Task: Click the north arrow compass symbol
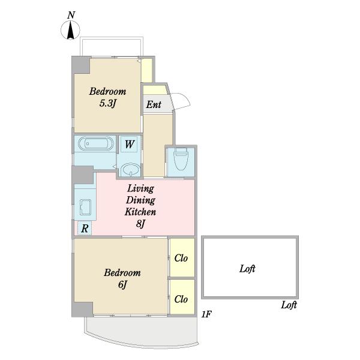click(70, 30)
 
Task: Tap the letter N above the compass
click(71, 15)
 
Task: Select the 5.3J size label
click(107, 104)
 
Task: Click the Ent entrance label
click(154, 104)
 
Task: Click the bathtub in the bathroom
click(96, 144)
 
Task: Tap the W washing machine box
click(129, 144)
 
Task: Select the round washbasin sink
click(131, 170)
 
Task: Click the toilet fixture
click(181, 158)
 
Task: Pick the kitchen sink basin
click(85, 207)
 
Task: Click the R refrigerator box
click(85, 228)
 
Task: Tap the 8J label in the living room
click(140, 224)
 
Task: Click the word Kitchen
click(140, 212)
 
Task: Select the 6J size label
click(122, 284)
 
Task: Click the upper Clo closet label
click(181, 258)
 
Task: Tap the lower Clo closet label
click(181, 299)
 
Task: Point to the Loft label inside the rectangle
click(247, 268)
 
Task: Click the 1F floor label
click(206, 314)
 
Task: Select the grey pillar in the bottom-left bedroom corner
click(82, 309)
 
